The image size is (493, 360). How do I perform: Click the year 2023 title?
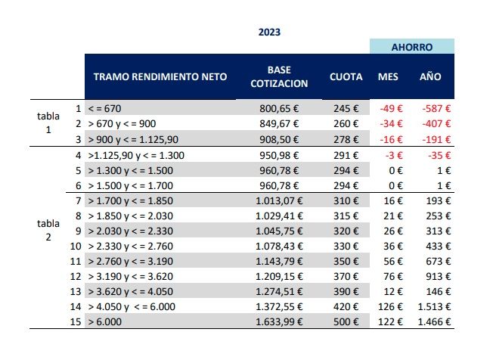click(x=270, y=33)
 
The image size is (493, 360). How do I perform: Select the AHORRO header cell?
click(x=411, y=47)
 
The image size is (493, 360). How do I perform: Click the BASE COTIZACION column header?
click(x=279, y=77)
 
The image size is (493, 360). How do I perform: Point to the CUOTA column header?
click(x=345, y=77)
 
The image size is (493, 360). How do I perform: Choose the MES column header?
click(x=388, y=77)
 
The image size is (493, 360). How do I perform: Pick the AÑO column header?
click(x=431, y=77)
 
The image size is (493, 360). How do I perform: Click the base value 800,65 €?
click(x=279, y=109)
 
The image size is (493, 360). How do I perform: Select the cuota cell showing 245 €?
click(x=345, y=109)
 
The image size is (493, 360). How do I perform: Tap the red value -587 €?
click(x=436, y=109)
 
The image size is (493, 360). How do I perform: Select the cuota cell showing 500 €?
click(x=345, y=321)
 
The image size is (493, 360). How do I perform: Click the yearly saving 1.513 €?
click(x=434, y=306)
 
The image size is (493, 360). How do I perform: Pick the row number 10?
click(x=76, y=246)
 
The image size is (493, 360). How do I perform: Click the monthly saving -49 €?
click(x=392, y=109)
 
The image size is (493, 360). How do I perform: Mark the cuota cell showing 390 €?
click(x=345, y=291)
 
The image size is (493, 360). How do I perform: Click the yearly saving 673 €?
click(x=439, y=261)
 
